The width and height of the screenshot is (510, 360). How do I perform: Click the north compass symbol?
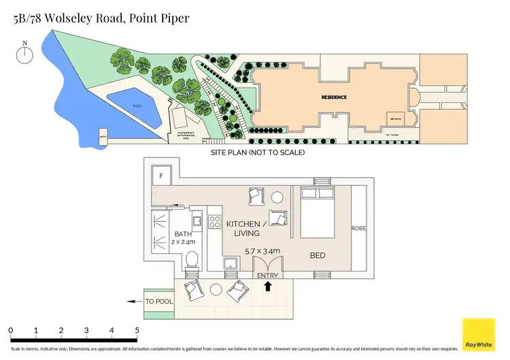click(x=25, y=54)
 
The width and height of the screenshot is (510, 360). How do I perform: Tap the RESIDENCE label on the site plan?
click(x=334, y=97)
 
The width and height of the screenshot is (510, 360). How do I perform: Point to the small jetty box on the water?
click(x=103, y=135)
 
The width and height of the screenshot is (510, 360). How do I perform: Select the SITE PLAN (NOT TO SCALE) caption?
click(x=258, y=152)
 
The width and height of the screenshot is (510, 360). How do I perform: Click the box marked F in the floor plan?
click(x=161, y=176)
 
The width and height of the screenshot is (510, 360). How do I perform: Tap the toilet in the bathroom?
click(x=192, y=259)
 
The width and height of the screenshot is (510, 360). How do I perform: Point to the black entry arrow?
click(x=267, y=287)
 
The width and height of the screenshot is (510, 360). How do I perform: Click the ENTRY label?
click(x=267, y=275)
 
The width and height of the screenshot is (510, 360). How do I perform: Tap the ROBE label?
click(x=358, y=229)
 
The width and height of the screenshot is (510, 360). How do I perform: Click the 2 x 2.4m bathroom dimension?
click(x=165, y=242)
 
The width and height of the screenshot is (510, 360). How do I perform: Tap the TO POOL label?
click(x=159, y=301)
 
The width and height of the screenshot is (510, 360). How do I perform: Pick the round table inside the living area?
click(x=277, y=198)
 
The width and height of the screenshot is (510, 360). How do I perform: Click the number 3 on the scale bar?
click(x=86, y=331)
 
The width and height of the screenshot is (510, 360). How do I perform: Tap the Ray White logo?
click(x=479, y=335)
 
